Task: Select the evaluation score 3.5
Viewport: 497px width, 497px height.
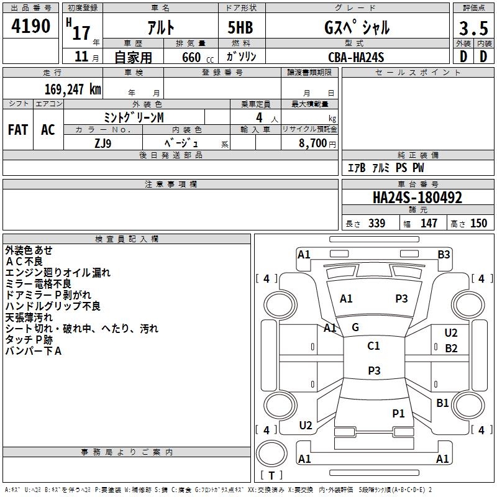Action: pyautogui.click(x=472, y=29)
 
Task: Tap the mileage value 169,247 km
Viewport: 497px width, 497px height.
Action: pyautogui.click(x=73, y=89)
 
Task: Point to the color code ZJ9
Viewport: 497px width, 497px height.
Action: pyautogui.click(x=103, y=142)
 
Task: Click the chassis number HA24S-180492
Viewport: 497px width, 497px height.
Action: pyautogui.click(x=417, y=198)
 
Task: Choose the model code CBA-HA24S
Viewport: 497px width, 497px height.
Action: pyautogui.click(x=356, y=57)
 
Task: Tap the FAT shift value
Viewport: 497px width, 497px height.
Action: pyautogui.click(x=17, y=129)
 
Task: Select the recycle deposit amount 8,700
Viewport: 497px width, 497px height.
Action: pyautogui.click(x=312, y=143)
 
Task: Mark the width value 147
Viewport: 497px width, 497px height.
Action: pyautogui.click(x=429, y=224)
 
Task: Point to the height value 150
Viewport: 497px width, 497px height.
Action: pyautogui.click(x=478, y=224)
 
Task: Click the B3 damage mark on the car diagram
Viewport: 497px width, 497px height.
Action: pyautogui.click(x=444, y=254)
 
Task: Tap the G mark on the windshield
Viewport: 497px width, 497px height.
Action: pyautogui.click(x=355, y=327)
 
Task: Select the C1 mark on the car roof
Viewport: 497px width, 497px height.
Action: pyautogui.click(x=373, y=346)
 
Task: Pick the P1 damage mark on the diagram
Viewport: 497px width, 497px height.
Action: pyautogui.click(x=398, y=413)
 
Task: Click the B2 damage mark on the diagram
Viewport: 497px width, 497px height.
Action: pyautogui.click(x=451, y=349)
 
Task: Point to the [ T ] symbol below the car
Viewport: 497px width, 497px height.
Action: pyautogui.click(x=271, y=476)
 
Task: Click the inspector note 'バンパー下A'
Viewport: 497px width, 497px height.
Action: pyautogui.click(x=34, y=351)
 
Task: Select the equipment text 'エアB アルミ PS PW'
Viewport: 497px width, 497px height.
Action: pyautogui.click(x=386, y=168)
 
